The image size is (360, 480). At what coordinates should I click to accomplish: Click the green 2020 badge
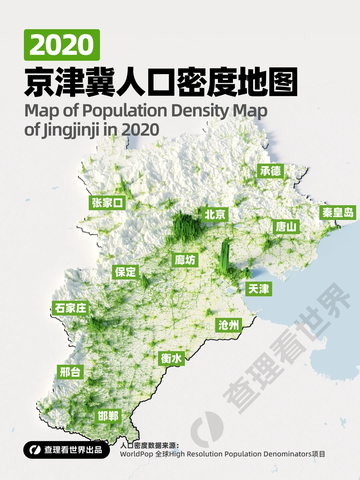coord(62,45)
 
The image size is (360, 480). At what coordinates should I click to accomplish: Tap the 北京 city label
coord(215,214)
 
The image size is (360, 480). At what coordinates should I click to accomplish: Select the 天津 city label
coord(259,289)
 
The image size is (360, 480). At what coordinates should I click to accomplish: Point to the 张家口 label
coord(107,202)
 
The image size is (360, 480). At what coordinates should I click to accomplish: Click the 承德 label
coord(270,171)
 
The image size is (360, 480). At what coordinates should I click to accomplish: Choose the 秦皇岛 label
coord(338,212)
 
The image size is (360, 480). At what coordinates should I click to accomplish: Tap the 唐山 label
coord(286,227)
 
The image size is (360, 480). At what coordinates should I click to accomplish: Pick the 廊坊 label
coord(185,260)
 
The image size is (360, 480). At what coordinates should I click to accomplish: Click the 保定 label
coord(125,272)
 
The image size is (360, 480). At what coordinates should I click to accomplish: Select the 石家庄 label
coord(70,308)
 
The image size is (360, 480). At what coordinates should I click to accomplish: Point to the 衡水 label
coord(171,358)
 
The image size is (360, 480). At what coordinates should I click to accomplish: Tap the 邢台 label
coord(70,372)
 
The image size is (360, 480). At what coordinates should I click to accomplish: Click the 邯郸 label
coord(108,416)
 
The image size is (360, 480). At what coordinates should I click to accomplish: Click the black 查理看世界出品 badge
coord(67,450)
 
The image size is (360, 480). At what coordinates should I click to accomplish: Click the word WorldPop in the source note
coord(136,454)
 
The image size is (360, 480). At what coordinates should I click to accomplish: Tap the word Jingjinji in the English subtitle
coord(66,130)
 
